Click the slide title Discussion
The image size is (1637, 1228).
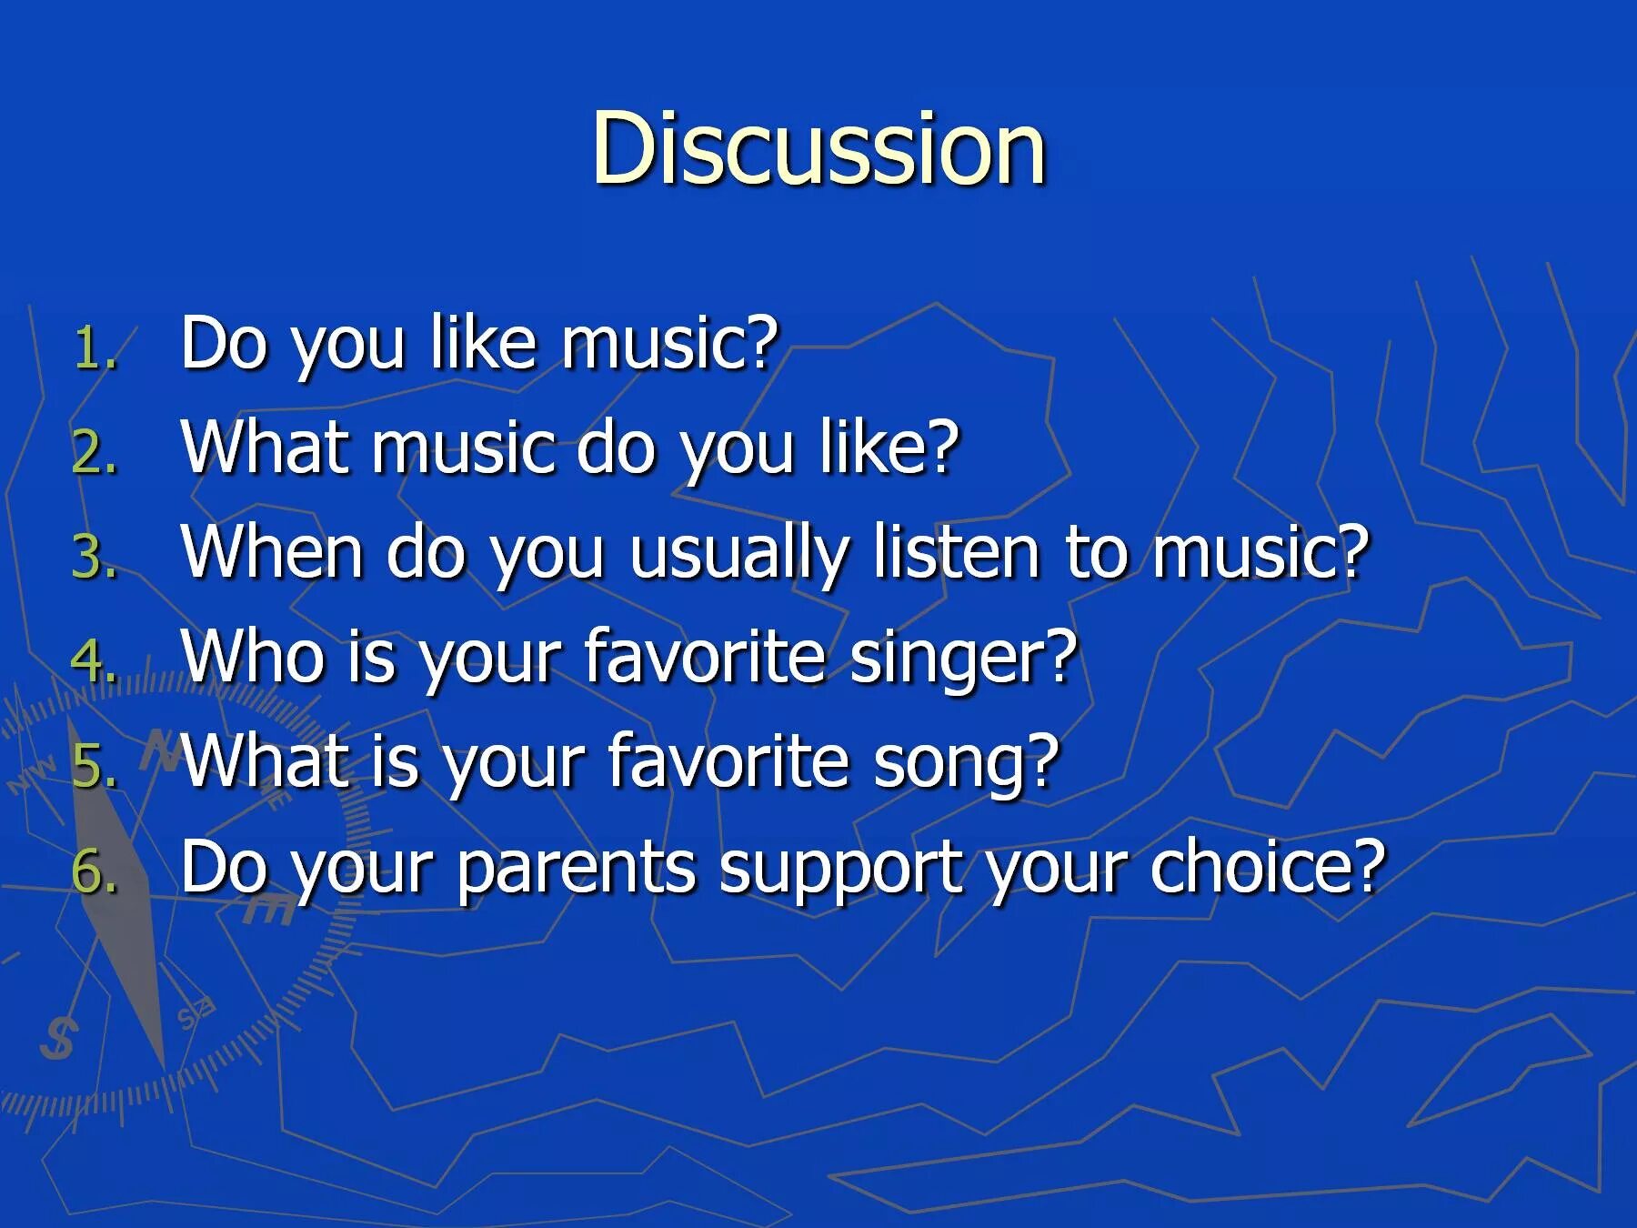(818, 148)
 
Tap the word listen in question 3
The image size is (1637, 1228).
(956, 553)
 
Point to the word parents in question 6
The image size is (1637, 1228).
(576, 869)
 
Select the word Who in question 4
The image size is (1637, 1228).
(253, 657)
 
